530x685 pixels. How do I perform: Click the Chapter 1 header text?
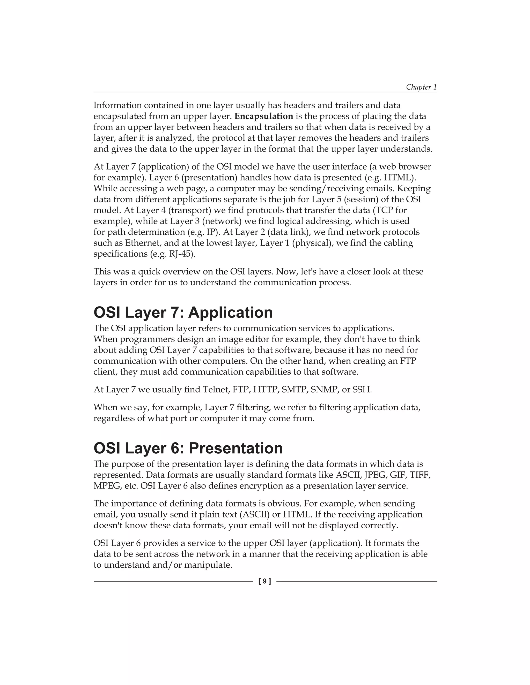421,87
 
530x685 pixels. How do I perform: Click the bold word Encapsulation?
264,116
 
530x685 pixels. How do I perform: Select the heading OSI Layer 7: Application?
183,313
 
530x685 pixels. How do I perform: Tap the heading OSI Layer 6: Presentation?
188,448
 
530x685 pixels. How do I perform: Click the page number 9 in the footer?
265,581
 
